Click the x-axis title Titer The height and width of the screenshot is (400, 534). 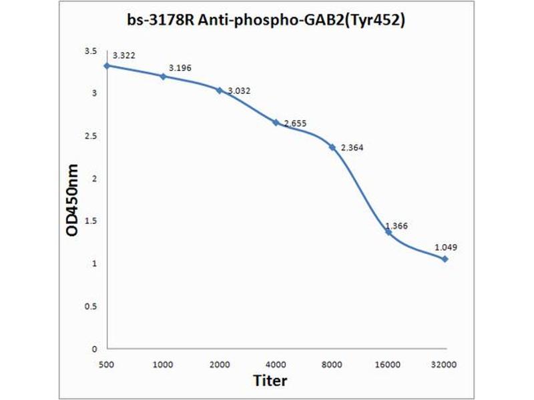pos(270,381)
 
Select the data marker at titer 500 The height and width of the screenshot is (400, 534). pos(107,65)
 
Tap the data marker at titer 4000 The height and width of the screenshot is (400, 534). pos(276,122)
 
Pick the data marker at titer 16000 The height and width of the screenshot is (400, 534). pos(388,232)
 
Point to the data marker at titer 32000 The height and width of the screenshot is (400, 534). pos(445,259)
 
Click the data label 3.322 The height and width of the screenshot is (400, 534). pos(124,55)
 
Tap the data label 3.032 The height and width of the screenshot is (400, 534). pos(239,91)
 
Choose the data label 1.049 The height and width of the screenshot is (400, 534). pos(446,247)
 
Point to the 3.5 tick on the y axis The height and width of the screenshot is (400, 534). pos(91,51)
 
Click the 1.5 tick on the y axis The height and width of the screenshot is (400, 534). pos(91,221)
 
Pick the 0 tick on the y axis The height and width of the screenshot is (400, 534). pos(94,349)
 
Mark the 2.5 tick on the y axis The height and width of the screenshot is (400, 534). pos(91,136)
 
